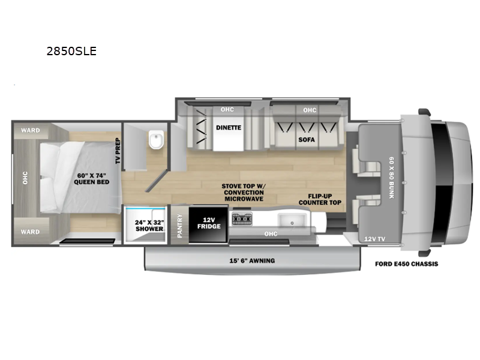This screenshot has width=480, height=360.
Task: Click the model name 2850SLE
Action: [71, 51]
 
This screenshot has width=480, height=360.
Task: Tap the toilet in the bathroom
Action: [157, 140]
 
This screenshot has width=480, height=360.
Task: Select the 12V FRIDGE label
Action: [209, 223]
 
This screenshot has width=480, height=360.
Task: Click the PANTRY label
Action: [179, 226]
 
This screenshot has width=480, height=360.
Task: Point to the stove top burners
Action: [242, 220]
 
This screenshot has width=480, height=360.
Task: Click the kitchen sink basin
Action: [292, 220]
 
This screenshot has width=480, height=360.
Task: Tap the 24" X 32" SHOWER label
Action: [149, 226]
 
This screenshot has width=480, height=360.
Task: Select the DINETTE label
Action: [229, 128]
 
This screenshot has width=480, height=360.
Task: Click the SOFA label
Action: [307, 140]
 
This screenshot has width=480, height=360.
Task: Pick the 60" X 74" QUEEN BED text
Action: [92, 179]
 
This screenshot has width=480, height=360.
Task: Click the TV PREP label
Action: [118, 151]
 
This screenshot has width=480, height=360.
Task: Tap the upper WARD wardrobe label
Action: [31, 130]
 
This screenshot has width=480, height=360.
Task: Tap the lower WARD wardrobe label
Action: [31, 232]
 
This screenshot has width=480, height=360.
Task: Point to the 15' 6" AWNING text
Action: [252, 261]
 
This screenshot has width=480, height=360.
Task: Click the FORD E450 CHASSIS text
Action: [407, 264]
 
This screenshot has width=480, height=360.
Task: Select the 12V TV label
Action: [374, 239]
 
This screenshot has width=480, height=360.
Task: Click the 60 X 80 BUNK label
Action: [392, 178]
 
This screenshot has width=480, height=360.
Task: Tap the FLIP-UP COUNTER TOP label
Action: [320, 199]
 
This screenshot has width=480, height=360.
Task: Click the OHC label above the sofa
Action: [310, 110]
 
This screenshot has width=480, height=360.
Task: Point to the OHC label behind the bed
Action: [25, 178]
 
